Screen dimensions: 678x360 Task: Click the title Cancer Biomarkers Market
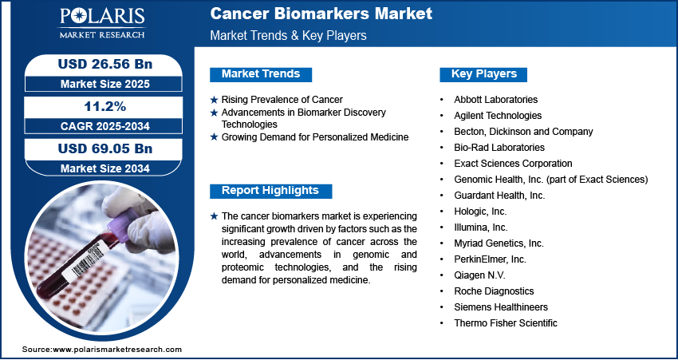(321, 14)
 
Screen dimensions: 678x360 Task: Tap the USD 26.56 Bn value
(105, 64)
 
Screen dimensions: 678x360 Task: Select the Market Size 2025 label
(105, 84)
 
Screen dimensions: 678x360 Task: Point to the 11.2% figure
(105, 106)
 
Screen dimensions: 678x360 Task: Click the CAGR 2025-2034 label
(105, 126)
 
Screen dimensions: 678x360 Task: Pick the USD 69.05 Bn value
(105, 148)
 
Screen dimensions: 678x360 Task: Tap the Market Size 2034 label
(105, 168)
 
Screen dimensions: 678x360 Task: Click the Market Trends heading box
(261, 74)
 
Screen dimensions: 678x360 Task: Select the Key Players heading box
(483, 74)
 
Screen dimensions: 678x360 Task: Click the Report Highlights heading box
(270, 191)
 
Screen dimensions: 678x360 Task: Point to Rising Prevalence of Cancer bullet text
(282, 100)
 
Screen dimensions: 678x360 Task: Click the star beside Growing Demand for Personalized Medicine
(214, 137)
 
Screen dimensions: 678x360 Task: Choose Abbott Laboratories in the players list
(495, 100)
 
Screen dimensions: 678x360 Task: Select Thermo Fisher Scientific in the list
(506, 322)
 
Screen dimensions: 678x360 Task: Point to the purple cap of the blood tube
(122, 224)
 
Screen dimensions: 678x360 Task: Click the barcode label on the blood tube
(89, 260)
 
